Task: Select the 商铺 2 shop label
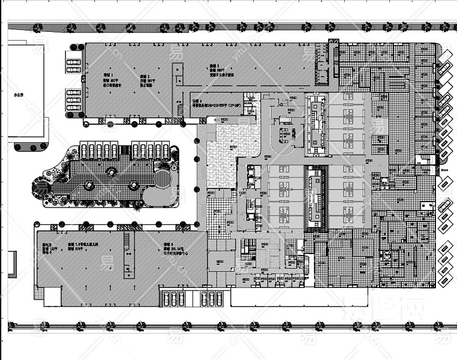(x=144, y=77)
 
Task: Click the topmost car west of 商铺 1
(x=73, y=61)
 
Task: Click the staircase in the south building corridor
(x=127, y=254)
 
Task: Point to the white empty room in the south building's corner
(x=52, y=296)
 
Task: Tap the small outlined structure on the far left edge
(x=11, y=264)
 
